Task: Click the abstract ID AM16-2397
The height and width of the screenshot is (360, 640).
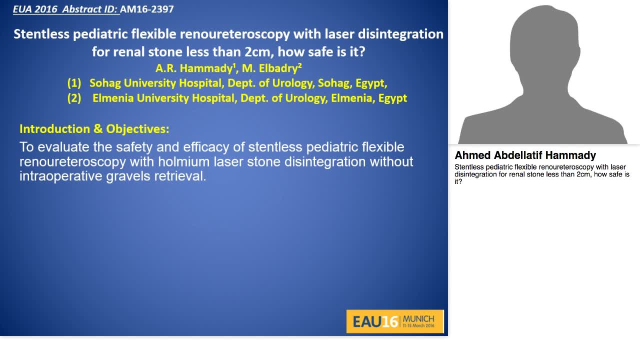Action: [146, 9]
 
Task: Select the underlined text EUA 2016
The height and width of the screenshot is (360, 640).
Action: [34, 9]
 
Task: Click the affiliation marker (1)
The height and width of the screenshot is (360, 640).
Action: [74, 83]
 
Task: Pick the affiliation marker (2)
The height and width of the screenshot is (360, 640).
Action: [74, 98]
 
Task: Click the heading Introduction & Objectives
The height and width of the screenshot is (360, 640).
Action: [94, 129]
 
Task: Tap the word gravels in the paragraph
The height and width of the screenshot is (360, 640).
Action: [128, 176]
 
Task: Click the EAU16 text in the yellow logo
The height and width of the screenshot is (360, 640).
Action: [375, 321]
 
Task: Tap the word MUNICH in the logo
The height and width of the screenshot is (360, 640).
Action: [418, 318]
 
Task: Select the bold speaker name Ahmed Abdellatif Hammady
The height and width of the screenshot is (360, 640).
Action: [525, 155]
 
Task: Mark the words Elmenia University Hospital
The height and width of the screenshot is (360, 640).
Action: [164, 98]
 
